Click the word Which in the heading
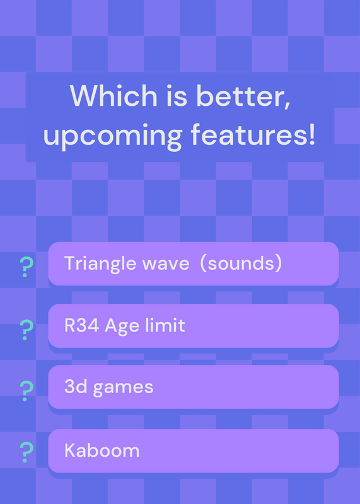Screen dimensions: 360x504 click(113, 96)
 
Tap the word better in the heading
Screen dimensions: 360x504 click(243, 96)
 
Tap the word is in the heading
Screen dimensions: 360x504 click(177, 96)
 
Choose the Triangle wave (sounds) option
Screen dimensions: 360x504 click(194, 263)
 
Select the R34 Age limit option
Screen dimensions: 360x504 click(194, 326)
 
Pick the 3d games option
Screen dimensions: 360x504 click(194, 387)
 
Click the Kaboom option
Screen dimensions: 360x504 click(194, 450)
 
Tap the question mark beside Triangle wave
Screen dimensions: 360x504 click(26, 266)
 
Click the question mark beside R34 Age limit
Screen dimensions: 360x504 click(26, 329)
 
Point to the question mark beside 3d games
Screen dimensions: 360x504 click(26, 391)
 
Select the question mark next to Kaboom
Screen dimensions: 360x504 click(26, 452)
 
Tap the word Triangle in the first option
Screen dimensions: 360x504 click(100, 264)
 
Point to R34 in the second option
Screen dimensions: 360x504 click(82, 326)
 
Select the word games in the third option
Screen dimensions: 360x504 click(123, 388)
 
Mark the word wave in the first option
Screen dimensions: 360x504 click(166, 264)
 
